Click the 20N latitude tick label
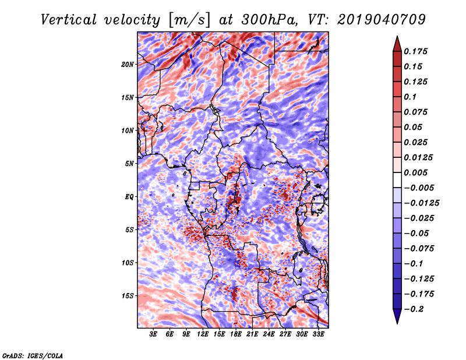[x=128, y=64]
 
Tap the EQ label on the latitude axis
[x=129, y=197]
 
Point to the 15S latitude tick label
[x=128, y=296]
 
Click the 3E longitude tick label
[x=154, y=334]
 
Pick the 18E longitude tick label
[x=236, y=334]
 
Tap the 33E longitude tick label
[x=318, y=334]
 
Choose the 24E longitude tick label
[x=269, y=334]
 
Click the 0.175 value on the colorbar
[x=417, y=51]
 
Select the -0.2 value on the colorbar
[x=416, y=309]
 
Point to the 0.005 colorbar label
[x=417, y=172]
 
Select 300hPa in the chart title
[x=269, y=20]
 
